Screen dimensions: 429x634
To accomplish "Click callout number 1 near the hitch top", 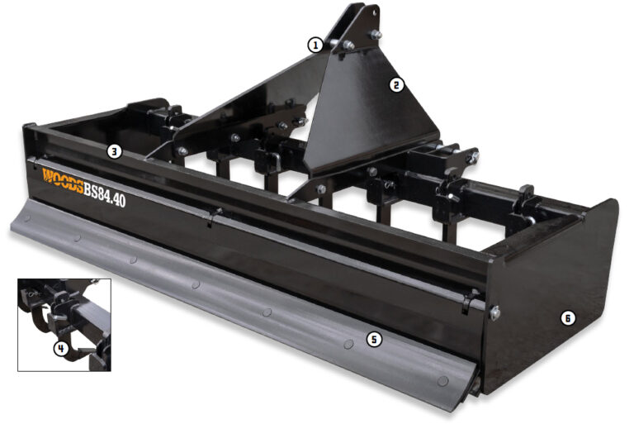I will click(314, 45).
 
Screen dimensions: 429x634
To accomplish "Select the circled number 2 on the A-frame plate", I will click(396, 84).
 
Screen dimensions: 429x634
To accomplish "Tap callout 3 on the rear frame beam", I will click(115, 151).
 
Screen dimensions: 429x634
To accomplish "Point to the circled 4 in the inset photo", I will click(60, 348).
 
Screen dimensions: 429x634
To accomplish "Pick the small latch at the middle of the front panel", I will click(214, 217).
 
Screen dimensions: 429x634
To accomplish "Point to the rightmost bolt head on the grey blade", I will click(444, 380).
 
